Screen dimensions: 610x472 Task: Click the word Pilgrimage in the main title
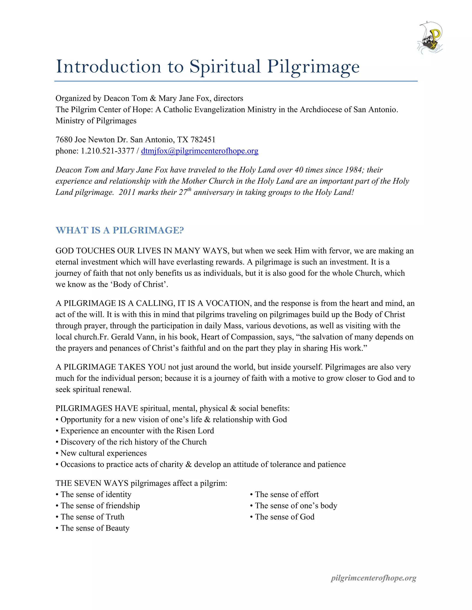point(313,67)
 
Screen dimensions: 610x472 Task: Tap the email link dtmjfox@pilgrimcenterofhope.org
point(200,151)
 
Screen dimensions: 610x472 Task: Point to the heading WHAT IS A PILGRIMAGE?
point(120,230)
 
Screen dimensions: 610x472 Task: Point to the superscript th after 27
point(189,190)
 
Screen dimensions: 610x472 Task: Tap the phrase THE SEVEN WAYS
point(92,483)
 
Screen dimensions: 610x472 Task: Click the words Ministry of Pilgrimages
point(96,121)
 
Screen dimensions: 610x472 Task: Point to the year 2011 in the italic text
point(127,192)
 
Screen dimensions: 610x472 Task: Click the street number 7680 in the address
point(64,140)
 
